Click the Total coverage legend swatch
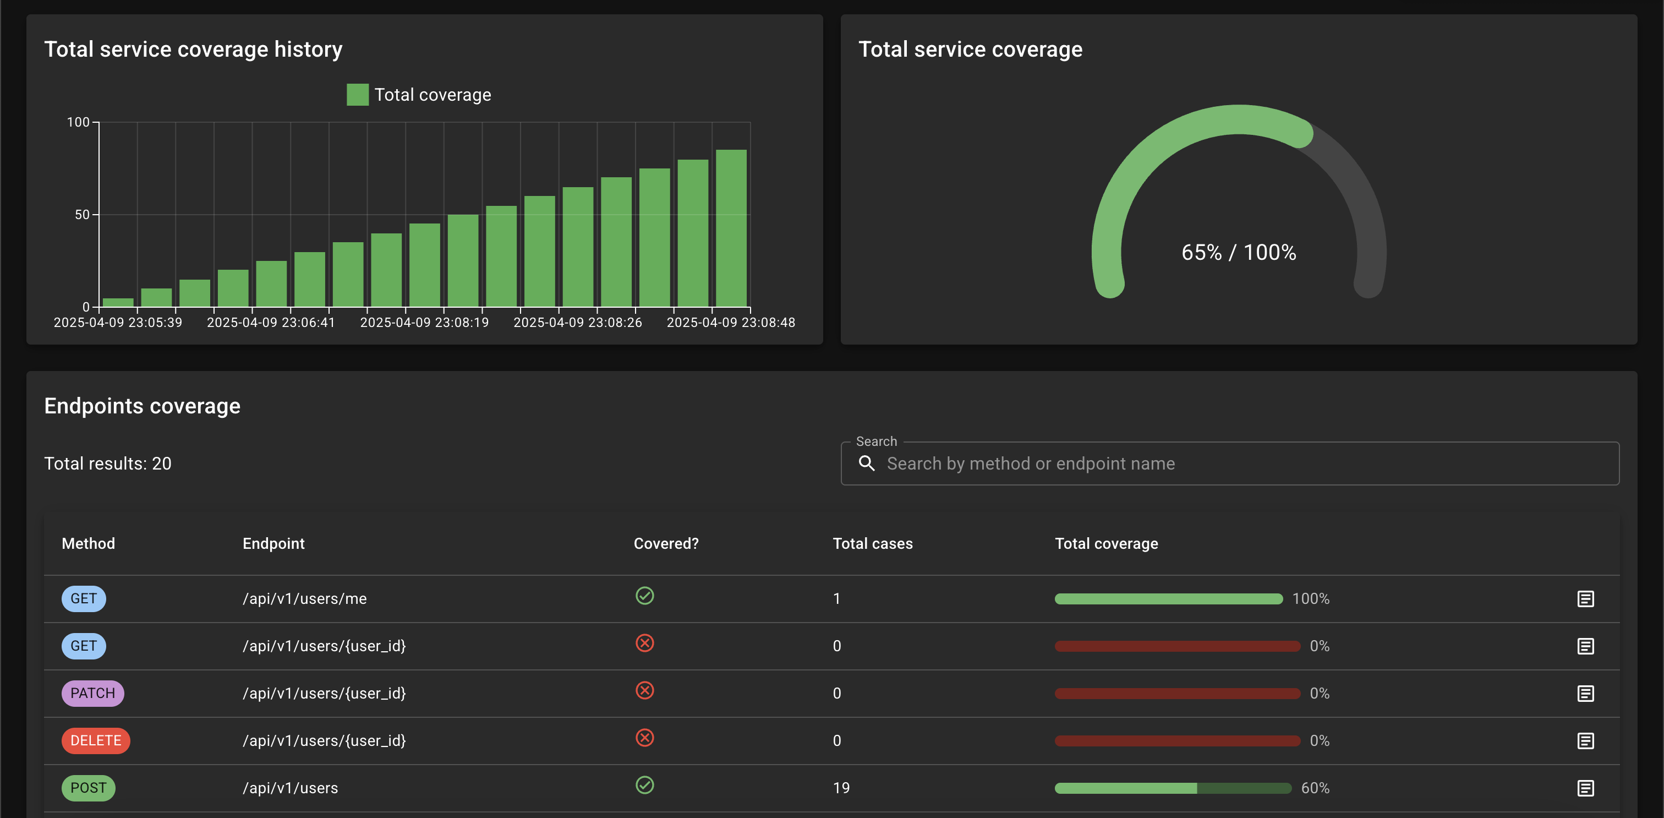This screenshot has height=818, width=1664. click(x=357, y=94)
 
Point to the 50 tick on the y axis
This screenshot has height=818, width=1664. click(x=82, y=215)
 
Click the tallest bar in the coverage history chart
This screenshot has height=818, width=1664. click(x=731, y=228)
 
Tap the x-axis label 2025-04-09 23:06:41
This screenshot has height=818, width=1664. click(x=271, y=323)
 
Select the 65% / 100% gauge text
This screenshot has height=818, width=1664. click(x=1238, y=252)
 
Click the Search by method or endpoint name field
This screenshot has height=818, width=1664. click(x=1230, y=463)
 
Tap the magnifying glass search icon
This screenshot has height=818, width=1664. click(x=867, y=463)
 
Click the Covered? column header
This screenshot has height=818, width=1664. click(x=666, y=543)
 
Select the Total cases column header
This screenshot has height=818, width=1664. click(x=873, y=543)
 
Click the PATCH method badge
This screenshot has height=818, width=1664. click(x=93, y=693)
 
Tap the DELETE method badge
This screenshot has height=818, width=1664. click(x=96, y=740)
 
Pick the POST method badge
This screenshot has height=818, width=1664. click(x=89, y=788)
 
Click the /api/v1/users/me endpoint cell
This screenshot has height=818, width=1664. click(x=304, y=599)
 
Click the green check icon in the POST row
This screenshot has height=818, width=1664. click(x=645, y=785)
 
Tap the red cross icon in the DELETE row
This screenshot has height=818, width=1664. click(x=645, y=738)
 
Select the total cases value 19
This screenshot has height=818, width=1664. click(x=841, y=788)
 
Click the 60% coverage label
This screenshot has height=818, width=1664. click(x=1315, y=788)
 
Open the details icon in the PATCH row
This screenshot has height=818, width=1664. click(x=1586, y=693)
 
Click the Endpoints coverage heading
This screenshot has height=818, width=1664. click(x=142, y=406)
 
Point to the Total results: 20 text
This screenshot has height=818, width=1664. click(x=108, y=463)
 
